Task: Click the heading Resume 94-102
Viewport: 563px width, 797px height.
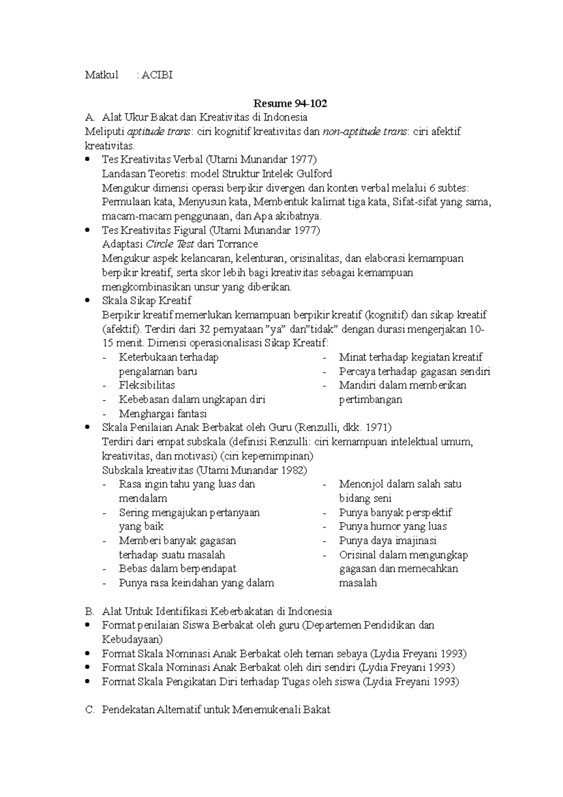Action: (x=290, y=103)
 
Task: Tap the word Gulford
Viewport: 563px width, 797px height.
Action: (x=314, y=174)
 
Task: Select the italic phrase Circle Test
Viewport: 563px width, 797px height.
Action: (x=170, y=244)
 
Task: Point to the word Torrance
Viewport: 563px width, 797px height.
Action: (x=237, y=244)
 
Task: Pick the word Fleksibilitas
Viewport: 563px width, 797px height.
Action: (x=147, y=385)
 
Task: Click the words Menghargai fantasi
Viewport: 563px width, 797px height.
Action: (x=163, y=414)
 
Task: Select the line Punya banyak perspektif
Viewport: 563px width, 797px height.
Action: (x=395, y=513)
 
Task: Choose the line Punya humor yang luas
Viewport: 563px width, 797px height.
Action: (x=393, y=527)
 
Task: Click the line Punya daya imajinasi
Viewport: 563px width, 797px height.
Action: (x=388, y=541)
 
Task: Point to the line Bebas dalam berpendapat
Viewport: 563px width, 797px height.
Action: (x=177, y=569)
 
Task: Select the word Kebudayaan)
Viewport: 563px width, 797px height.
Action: (x=132, y=640)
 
